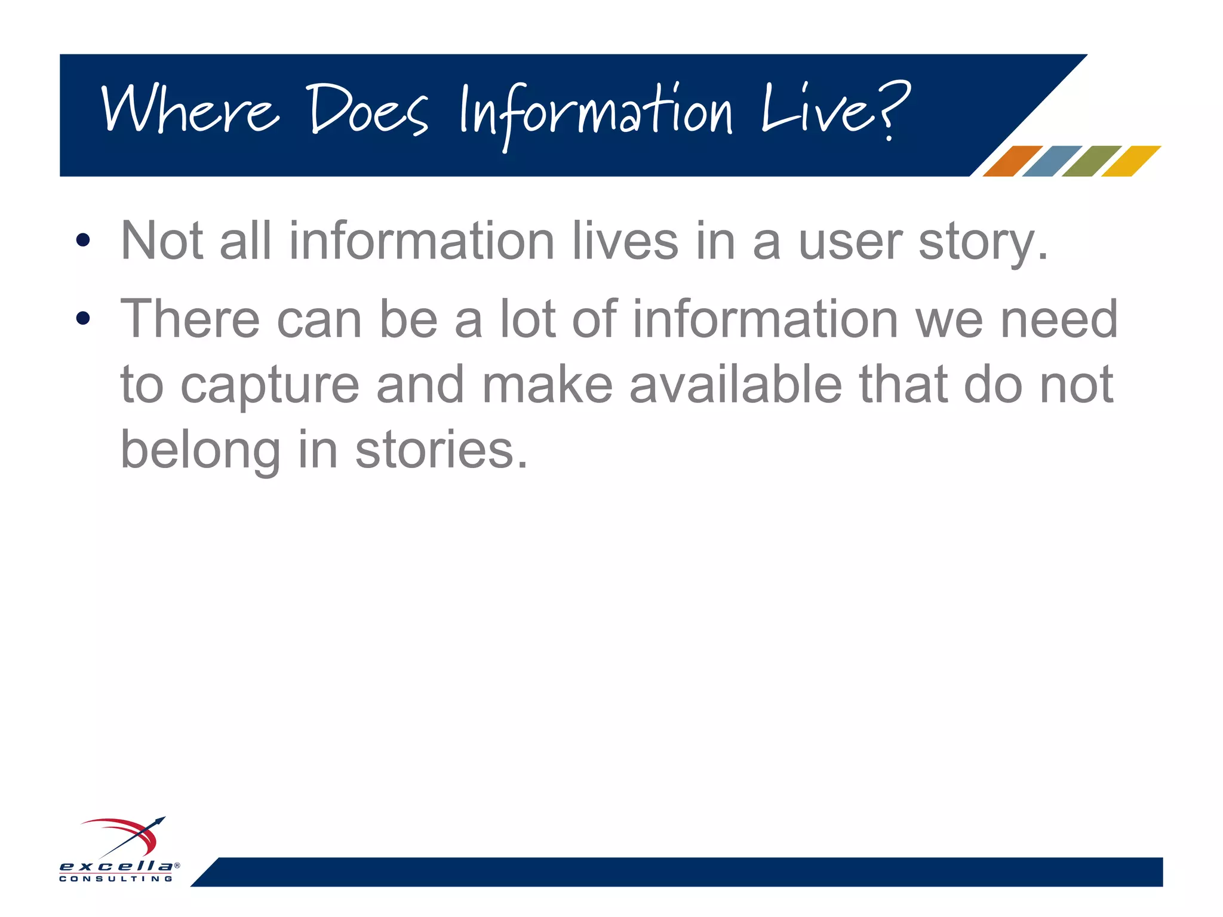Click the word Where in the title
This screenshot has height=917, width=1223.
pos(190,110)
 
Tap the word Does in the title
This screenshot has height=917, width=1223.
pos(368,110)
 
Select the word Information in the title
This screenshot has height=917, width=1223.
pos(596,113)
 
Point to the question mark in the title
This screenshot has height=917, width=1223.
pos(894,110)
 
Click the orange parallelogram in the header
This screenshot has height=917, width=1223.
pos(1012,161)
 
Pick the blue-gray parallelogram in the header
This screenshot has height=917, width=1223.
pos(1052,161)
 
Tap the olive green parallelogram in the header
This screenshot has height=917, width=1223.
pos(1091,161)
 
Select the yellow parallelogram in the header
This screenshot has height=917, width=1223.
pos(1130,161)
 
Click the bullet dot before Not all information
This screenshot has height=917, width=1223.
pos(83,240)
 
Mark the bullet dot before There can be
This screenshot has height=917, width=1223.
pos(83,318)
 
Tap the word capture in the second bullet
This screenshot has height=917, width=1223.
pos(270,387)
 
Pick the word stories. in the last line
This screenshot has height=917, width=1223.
pos(442,449)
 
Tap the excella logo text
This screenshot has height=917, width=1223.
pos(116,866)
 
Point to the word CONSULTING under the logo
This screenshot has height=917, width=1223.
pos(116,879)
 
